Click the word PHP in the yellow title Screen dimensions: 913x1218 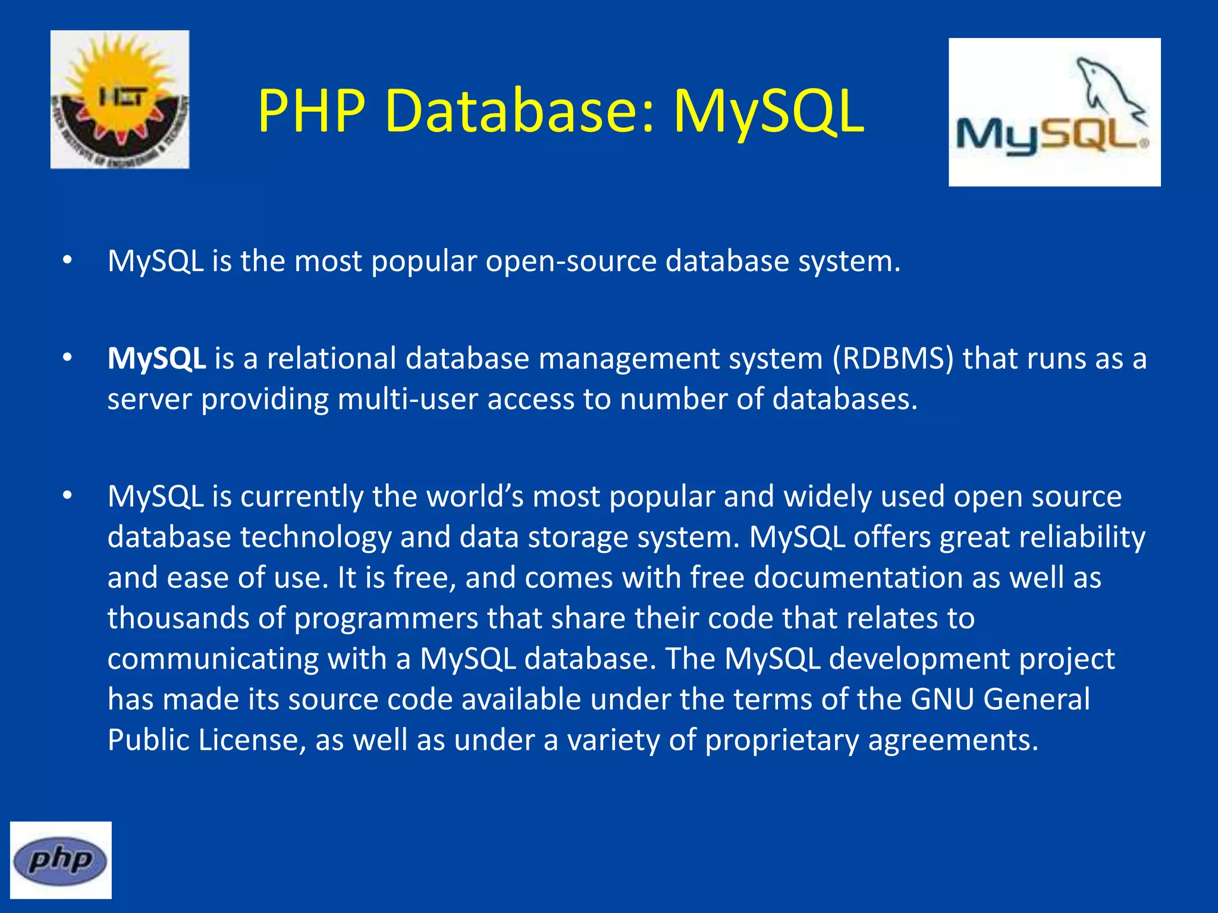(x=311, y=111)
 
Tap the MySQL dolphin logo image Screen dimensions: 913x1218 (x=1054, y=112)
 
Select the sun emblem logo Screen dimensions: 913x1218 (x=120, y=99)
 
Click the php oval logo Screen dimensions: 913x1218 (x=61, y=860)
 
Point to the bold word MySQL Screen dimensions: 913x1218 (x=156, y=359)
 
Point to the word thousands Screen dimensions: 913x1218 (x=178, y=618)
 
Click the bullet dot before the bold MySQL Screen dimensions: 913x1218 (x=67, y=358)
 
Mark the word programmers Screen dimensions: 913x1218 (x=386, y=619)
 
